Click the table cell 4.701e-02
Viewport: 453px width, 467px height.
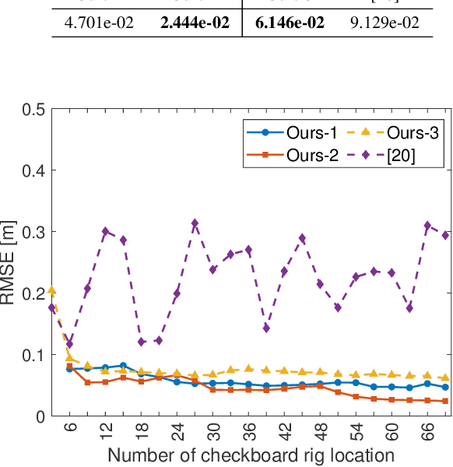[x=98, y=23]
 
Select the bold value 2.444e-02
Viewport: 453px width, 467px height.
[x=195, y=23]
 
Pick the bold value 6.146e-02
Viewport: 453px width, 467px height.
[x=290, y=23]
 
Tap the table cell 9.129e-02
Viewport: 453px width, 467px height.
[x=385, y=23]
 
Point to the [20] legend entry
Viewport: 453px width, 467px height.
[x=384, y=155]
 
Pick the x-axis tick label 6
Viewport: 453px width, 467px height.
[x=69, y=430]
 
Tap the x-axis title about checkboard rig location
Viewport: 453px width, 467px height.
[x=250, y=455]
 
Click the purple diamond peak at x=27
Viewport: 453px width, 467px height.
[x=195, y=223]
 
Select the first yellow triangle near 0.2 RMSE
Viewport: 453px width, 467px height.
[x=51, y=290]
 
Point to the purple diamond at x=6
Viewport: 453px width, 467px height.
[x=69, y=344]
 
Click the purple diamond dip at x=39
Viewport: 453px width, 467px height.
[x=266, y=328]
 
